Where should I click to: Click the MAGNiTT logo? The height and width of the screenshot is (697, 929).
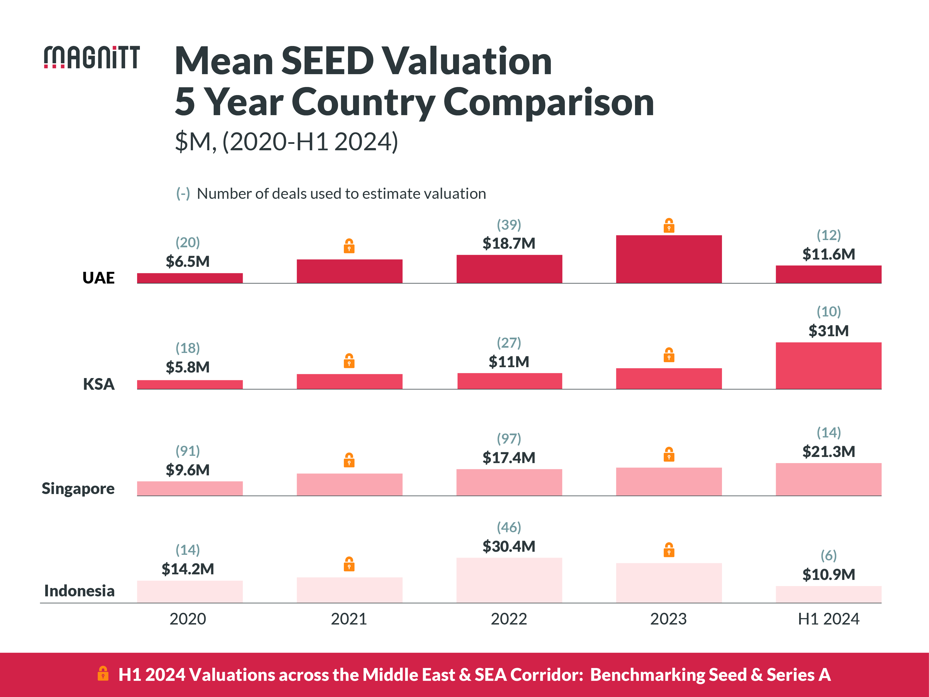tap(92, 57)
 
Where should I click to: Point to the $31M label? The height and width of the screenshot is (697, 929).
tap(828, 331)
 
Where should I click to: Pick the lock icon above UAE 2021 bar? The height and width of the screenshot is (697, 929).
tap(349, 246)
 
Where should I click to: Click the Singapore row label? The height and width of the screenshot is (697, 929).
tap(78, 489)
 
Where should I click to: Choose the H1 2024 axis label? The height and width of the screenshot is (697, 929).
tap(828, 619)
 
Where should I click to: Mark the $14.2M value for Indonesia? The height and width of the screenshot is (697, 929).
tap(188, 569)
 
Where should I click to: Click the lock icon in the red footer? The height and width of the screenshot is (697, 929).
tap(103, 674)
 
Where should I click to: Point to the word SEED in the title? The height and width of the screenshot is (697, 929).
tap(327, 61)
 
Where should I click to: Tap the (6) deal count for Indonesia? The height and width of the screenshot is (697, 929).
tap(828, 555)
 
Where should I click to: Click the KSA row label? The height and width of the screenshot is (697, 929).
tap(99, 384)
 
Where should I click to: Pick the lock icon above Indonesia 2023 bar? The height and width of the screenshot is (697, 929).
tap(669, 550)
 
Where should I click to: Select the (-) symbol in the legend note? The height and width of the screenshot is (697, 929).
tap(183, 194)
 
